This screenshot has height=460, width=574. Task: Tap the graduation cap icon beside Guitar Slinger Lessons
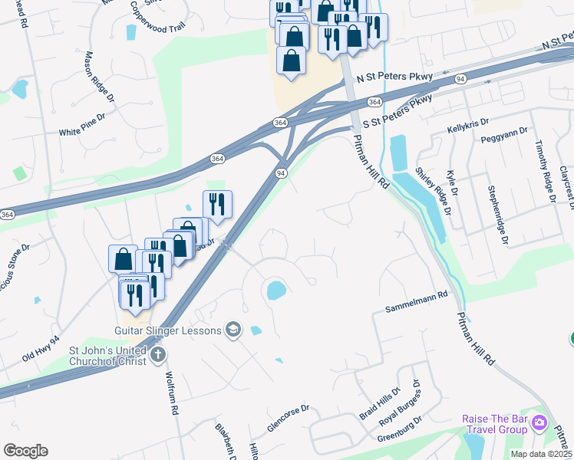coord(233,330)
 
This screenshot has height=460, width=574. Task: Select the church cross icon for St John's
coord(157,354)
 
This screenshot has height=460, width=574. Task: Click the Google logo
coord(25,451)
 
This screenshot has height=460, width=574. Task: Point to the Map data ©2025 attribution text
coord(540,454)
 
